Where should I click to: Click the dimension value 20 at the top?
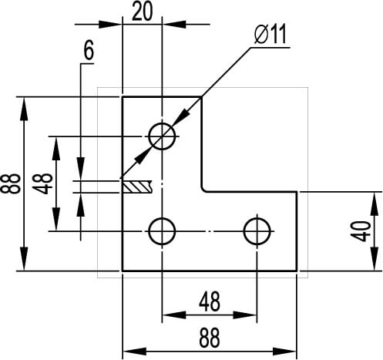(142, 12)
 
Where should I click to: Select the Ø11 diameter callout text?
(270, 35)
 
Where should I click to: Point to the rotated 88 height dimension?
(10, 183)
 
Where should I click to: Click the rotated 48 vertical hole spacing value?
(42, 183)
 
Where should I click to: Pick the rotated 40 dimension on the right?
(361, 231)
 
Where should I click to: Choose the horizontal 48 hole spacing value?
(210, 301)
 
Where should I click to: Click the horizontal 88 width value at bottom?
(210, 338)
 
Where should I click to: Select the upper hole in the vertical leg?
(162, 136)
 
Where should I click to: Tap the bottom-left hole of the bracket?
(162, 231)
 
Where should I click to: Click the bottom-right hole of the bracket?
(257, 231)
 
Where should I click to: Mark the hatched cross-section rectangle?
(137, 187)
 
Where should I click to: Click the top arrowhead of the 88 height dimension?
(24, 109)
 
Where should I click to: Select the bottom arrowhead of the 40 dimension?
(375, 258)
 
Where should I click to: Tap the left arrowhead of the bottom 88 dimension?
(135, 352)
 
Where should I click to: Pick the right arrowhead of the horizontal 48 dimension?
(245, 315)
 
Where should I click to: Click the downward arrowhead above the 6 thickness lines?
(81, 169)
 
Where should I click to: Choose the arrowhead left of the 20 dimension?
(110, 25)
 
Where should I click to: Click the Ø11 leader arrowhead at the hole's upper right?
(181, 117)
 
